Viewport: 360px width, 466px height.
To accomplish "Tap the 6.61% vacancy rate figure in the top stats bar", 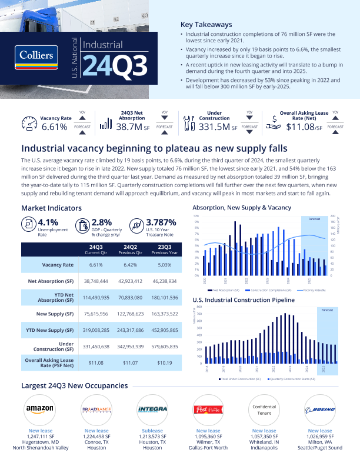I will coord(55,126).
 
